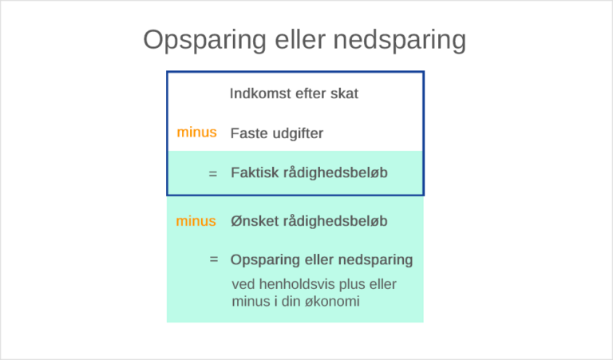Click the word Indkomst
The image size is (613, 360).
[259, 93]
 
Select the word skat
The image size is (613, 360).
[344, 93]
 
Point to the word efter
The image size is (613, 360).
[309, 93]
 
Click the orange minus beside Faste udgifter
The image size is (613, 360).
[196, 133]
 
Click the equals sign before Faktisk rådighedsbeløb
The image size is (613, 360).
[212, 172]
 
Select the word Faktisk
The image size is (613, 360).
[254, 172]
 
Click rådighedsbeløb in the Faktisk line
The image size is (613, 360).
[335, 172]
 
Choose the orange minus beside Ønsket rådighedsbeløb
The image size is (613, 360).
[196, 220]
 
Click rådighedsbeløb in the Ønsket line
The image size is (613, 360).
[336, 220]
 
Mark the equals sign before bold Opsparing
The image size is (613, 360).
[213, 259]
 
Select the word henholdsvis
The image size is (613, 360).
[299, 284]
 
